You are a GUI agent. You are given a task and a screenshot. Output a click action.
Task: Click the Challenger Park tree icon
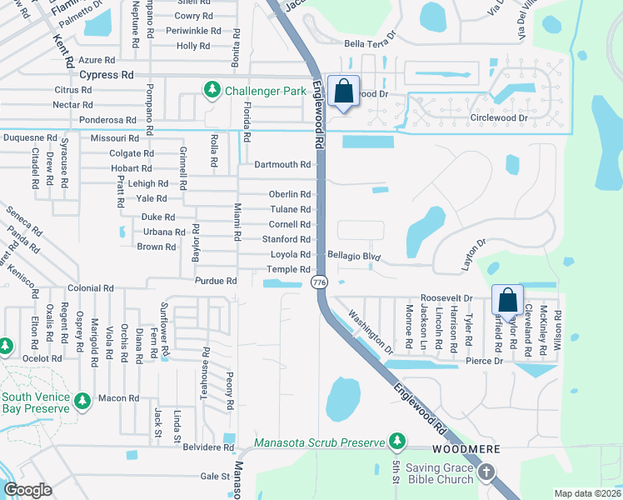pos(212,89)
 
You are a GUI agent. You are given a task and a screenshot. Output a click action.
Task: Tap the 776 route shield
pos(319,283)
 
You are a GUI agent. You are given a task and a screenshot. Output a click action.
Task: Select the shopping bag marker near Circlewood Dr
pos(343,92)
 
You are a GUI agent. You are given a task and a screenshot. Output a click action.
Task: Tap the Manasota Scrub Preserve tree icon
pos(398,442)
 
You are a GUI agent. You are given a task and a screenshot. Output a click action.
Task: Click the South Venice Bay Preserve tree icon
pos(82,402)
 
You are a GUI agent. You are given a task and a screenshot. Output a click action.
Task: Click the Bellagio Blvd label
pos(354,257)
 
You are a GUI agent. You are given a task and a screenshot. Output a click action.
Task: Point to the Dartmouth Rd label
pos(282,165)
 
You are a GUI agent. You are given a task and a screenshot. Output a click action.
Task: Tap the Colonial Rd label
pos(91,288)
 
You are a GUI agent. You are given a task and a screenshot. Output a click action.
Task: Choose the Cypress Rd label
pos(107,74)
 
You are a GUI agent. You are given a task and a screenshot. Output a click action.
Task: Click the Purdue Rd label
pos(216,282)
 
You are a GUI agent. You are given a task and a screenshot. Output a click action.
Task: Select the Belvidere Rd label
pos(208,447)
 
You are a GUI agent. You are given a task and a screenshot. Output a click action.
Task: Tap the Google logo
pos(27,490)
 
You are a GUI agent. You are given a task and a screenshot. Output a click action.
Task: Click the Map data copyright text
pos(587,493)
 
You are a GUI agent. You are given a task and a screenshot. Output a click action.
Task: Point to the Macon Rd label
pos(117,398)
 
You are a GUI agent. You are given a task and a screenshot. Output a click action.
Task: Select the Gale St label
pos(214,477)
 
